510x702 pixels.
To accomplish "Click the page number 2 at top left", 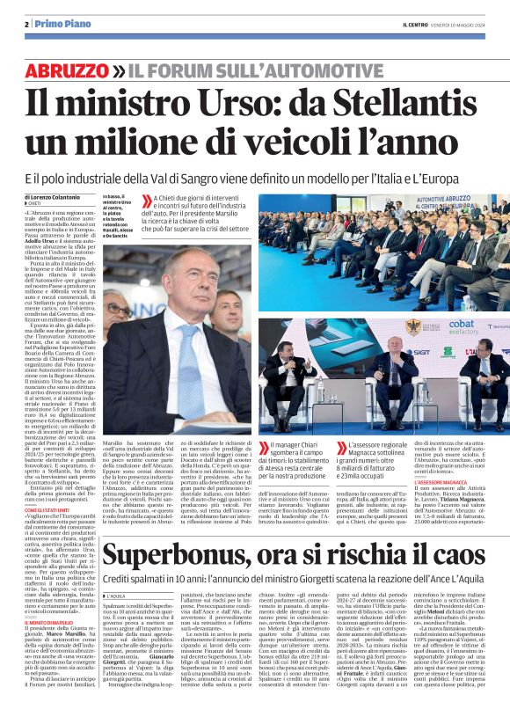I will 27,24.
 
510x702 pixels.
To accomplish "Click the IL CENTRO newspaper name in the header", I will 419,24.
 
